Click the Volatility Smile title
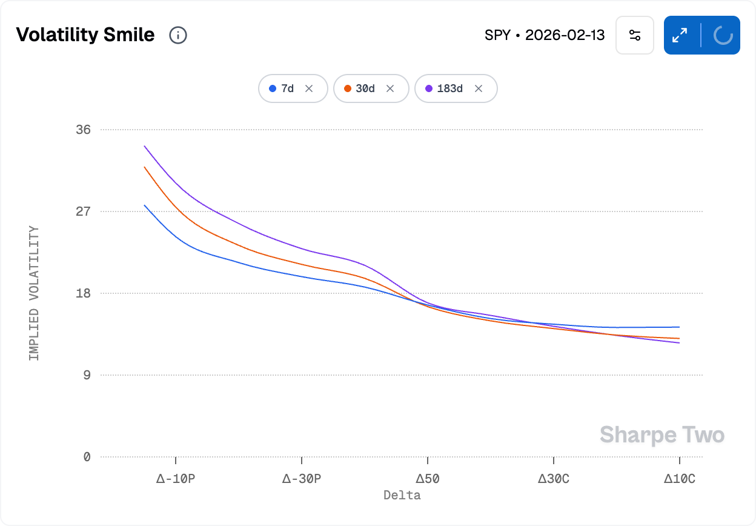coord(85,35)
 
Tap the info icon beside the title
coord(178,35)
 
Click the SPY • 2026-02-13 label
coord(545,35)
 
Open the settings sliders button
coord(635,35)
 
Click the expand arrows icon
coord(680,35)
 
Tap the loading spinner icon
coord(723,35)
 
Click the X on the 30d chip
coord(390,88)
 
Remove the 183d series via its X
coord(479,88)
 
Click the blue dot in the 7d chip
coord(273,88)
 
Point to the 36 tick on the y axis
coord(83,130)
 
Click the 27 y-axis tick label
coord(83,211)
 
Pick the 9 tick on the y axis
coord(87,375)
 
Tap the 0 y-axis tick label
coord(87,457)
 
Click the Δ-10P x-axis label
coord(176,479)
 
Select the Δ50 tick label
coord(428,479)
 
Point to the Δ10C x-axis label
coord(680,479)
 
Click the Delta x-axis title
coord(402,495)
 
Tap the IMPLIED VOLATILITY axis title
coord(34,293)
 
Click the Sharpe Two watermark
coord(662,435)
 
